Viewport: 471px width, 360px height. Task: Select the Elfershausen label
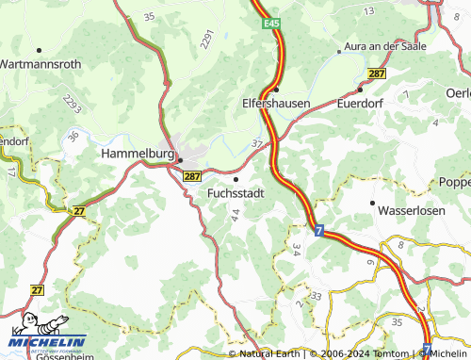click(276, 103)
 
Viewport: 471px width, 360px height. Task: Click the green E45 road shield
click(272, 22)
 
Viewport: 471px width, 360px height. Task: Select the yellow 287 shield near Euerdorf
click(377, 74)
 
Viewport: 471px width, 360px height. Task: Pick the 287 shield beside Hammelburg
click(192, 175)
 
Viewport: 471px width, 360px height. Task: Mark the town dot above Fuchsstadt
click(235, 178)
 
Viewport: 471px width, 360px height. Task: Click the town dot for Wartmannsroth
click(39, 49)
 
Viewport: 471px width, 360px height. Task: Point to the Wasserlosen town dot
click(373, 202)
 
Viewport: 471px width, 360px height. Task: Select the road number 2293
click(73, 105)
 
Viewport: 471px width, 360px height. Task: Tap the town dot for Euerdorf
click(360, 90)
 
